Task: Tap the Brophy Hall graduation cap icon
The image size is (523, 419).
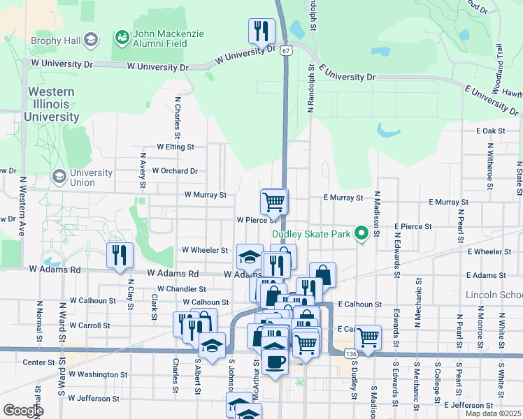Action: pyautogui.click(x=90, y=41)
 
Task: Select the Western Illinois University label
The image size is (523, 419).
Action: pyautogui.click(x=52, y=104)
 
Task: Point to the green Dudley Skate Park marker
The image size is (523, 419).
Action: pyautogui.click(x=361, y=234)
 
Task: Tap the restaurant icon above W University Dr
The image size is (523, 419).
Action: pyautogui.click(x=261, y=31)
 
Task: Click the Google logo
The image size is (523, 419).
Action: pyautogui.click(x=23, y=411)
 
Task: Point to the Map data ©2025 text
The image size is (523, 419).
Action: pyautogui.click(x=492, y=413)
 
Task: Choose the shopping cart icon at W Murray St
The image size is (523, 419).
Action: pyautogui.click(x=273, y=203)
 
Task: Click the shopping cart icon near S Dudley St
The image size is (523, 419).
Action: pyautogui.click(x=367, y=338)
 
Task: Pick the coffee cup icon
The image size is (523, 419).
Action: pyautogui.click(x=274, y=362)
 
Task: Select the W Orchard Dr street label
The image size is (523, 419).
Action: pyautogui.click(x=175, y=170)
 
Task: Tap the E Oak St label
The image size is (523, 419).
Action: pyautogui.click(x=490, y=131)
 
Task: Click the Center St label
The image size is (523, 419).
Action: pyautogui.click(x=38, y=362)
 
